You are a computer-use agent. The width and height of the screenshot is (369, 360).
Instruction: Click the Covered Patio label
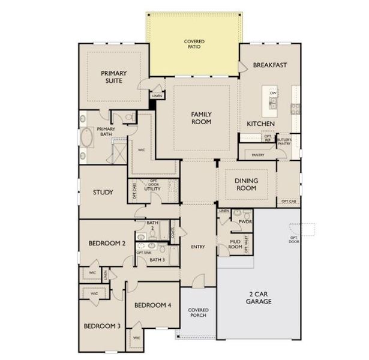[194, 44]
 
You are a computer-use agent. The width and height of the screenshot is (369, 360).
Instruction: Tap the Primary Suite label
[115, 77]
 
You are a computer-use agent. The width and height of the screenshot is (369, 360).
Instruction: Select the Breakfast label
[270, 65]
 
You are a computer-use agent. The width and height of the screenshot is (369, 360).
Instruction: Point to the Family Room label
[202, 118]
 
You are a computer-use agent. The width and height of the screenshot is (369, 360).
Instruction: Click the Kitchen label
[261, 124]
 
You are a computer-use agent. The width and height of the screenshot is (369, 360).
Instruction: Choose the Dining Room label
[246, 184]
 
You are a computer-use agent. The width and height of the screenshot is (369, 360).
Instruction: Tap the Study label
[103, 193]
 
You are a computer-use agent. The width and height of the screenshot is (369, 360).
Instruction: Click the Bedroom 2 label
[107, 244]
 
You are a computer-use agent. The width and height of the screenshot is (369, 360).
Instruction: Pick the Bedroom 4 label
[152, 305]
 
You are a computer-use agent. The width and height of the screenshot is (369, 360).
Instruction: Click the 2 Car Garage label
[260, 298]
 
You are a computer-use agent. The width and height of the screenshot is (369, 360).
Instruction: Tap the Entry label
[198, 247]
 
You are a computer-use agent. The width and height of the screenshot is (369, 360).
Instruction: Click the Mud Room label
[235, 244]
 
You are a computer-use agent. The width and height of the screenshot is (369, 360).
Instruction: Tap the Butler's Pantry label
[284, 142]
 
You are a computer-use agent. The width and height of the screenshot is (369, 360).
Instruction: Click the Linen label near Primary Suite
[157, 96]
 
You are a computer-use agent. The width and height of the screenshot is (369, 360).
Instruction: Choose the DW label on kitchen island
[273, 94]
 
